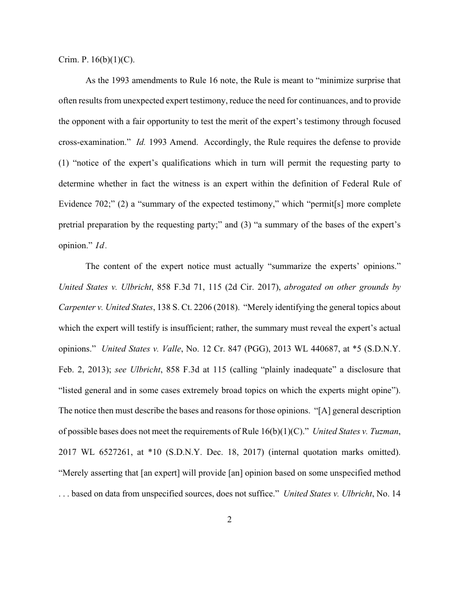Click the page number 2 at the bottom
229,519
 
